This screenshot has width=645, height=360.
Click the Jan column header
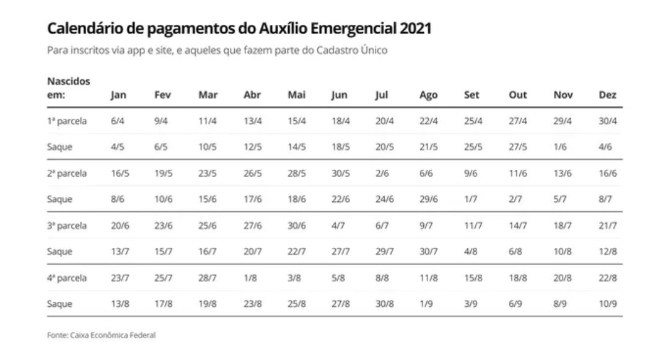[x=118, y=95]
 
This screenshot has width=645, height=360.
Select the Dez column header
[x=607, y=95]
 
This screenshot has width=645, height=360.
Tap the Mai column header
[x=296, y=95]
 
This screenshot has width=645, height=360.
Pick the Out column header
[x=517, y=95]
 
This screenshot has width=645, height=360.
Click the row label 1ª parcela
[x=67, y=121]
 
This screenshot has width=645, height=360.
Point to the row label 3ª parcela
[x=67, y=226]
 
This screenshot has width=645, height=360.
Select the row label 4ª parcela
[x=67, y=278]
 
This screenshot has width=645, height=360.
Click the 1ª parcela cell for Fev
[x=161, y=121]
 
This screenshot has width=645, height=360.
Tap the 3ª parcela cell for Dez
[x=608, y=226]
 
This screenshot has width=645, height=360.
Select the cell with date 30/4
[x=608, y=121]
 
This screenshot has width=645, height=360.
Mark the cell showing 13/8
[x=118, y=304]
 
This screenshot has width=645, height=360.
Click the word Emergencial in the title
[x=357, y=29]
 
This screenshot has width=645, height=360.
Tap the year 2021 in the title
[x=415, y=29]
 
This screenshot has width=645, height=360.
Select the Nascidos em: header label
[x=68, y=88]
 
